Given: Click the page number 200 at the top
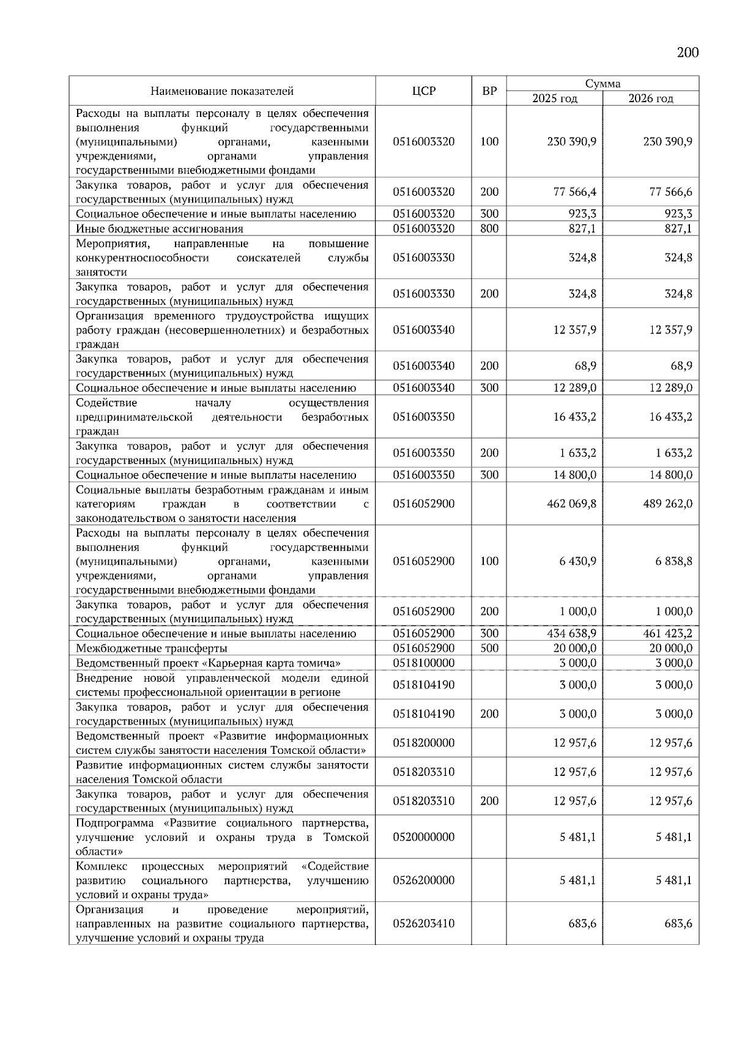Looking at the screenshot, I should coord(688,53).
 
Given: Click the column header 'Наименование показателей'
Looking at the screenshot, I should coord(222,91).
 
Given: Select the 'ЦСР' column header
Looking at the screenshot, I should coord(423,91).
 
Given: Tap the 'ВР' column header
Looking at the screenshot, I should coord(489,91).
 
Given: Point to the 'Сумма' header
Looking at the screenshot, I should coord(602,84).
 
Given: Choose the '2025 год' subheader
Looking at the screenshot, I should coord(555,99).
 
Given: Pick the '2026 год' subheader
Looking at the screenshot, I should coord(651,99).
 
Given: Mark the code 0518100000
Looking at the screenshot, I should coord(424,663).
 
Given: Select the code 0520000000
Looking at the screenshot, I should coord(424,837).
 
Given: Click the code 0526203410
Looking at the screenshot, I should coord(424,923).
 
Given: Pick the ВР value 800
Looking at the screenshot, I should coord(489,229).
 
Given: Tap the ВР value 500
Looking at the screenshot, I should coord(489,648).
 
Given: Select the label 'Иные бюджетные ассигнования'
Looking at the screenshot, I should coord(160,229).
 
